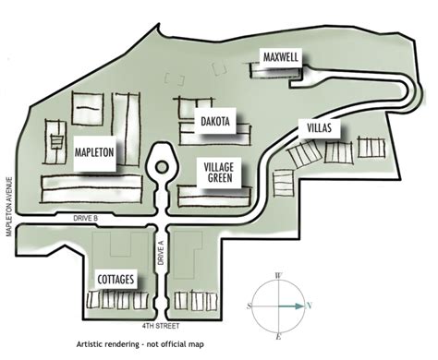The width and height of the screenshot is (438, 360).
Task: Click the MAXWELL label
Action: (x=280, y=55)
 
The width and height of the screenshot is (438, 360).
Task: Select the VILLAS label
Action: (x=315, y=127)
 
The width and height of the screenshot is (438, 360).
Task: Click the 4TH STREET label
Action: (x=160, y=326)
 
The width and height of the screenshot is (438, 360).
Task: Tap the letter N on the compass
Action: (x=310, y=306)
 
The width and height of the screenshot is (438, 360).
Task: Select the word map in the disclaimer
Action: (x=229, y=343)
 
